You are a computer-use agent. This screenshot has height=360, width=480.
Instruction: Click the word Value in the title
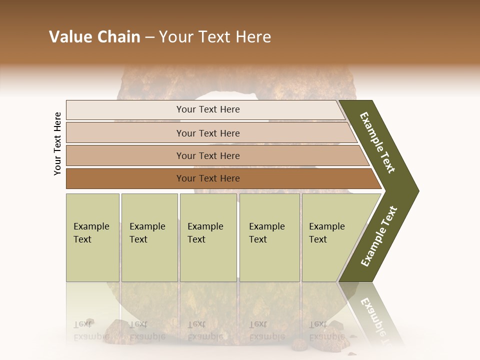click(69, 37)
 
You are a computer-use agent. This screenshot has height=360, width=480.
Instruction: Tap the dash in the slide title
click(149, 37)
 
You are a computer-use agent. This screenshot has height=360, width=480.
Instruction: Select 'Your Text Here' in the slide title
click(215, 37)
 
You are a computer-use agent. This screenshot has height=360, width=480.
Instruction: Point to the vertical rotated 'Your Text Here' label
click(57, 143)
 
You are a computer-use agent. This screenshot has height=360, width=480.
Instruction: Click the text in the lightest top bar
click(208, 109)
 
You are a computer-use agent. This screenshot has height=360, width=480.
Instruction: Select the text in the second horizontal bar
click(208, 133)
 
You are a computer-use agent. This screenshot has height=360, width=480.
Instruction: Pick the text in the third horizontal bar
click(208, 155)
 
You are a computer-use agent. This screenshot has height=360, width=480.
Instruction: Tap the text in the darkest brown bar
click(208, 178)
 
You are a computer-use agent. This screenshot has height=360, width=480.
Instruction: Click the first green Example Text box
click(91, 233)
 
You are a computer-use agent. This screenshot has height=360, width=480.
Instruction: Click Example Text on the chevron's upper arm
click(377, 142)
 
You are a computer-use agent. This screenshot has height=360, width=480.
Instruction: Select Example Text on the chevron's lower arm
click(378, 236)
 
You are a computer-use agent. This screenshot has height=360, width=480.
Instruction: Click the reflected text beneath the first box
click(91, 330)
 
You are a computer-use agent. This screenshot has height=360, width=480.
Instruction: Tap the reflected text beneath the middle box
click(205, 330)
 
